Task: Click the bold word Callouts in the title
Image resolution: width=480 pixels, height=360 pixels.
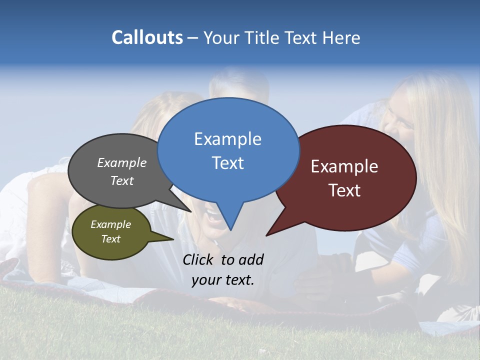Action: (147, 37)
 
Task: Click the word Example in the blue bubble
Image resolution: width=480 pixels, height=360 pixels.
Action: (227, 139)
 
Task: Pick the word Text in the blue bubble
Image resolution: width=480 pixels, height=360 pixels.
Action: (227, 163)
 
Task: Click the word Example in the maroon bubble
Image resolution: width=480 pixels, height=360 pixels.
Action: (344, 166)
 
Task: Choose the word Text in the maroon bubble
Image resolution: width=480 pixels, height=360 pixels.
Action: (344, 190)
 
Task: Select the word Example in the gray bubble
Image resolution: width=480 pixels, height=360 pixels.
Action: (122, 162)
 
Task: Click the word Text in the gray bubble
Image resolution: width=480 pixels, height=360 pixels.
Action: (122, 180)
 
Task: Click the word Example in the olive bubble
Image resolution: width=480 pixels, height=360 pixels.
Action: (110, 224)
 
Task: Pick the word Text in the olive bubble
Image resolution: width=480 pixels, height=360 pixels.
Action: (110, 239)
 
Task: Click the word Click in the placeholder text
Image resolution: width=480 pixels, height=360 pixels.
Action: (199, 259)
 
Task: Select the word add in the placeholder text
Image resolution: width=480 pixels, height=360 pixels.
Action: (251, 259)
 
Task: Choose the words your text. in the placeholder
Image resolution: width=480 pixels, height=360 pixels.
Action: (223, 279)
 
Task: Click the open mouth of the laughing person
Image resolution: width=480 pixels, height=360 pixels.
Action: (212, 216)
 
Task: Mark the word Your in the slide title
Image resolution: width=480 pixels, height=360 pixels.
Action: (222, 37)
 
